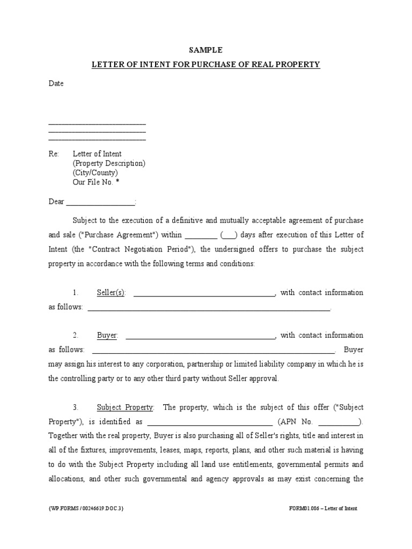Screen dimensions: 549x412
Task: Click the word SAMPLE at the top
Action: click(x=205, y=50)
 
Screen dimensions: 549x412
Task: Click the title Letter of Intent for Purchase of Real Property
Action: click(x=205, y=64)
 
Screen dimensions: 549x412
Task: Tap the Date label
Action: click(x=56, y=84)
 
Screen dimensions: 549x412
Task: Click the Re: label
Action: click(x=54, y=154)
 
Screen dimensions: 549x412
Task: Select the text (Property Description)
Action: click(x=109, y=164)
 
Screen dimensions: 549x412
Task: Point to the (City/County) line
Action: click(x=95, y=173)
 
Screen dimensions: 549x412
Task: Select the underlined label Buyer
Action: click(x=107, y=336)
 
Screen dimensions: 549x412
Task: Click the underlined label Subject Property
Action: click(x=125, y=407)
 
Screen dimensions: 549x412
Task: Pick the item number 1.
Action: click(x=76, y=293)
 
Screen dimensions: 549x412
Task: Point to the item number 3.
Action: click(x=76, y=407)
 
